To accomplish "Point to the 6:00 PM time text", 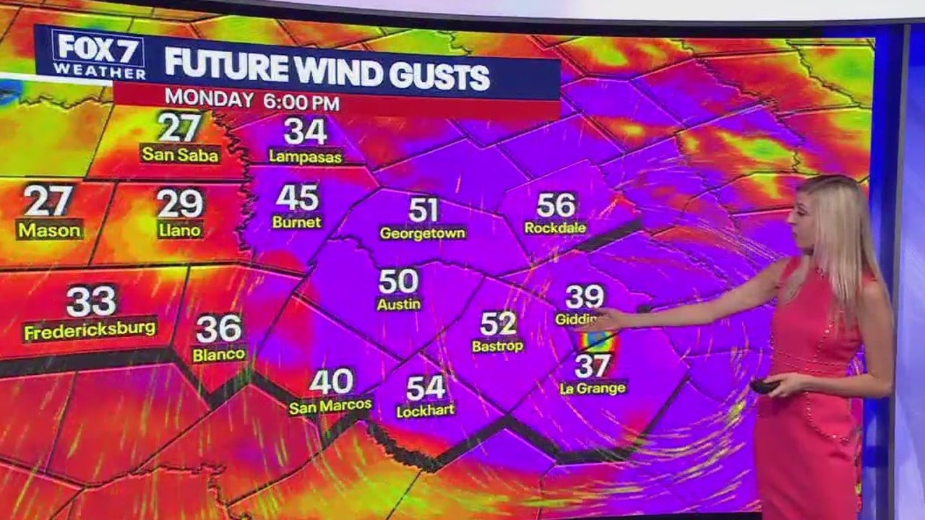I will [x=301, y=102].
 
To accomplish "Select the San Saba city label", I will [x=180, y=154].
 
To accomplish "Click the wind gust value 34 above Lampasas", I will [x=305, y=131].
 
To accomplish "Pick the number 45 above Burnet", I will [x=297, y=197].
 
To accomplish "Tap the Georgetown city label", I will [x=423, y=233].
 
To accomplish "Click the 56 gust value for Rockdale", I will [x=556, y=205].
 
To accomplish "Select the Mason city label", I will [x=50, y=230].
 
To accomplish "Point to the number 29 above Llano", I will [x=180, y=204].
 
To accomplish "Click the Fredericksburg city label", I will [x=90, y=330].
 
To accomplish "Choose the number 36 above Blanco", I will [x=218, y=329].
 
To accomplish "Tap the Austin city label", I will [x=398, y=304].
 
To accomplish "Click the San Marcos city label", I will [x=330, y=406].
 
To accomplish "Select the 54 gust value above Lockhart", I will [x=426, y=388].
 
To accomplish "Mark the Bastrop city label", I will [x=497, y=346].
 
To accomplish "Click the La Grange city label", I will [x=593, y=388].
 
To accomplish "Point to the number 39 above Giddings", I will [x=585, y=296].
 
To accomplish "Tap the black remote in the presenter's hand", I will [x=763, y=386].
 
